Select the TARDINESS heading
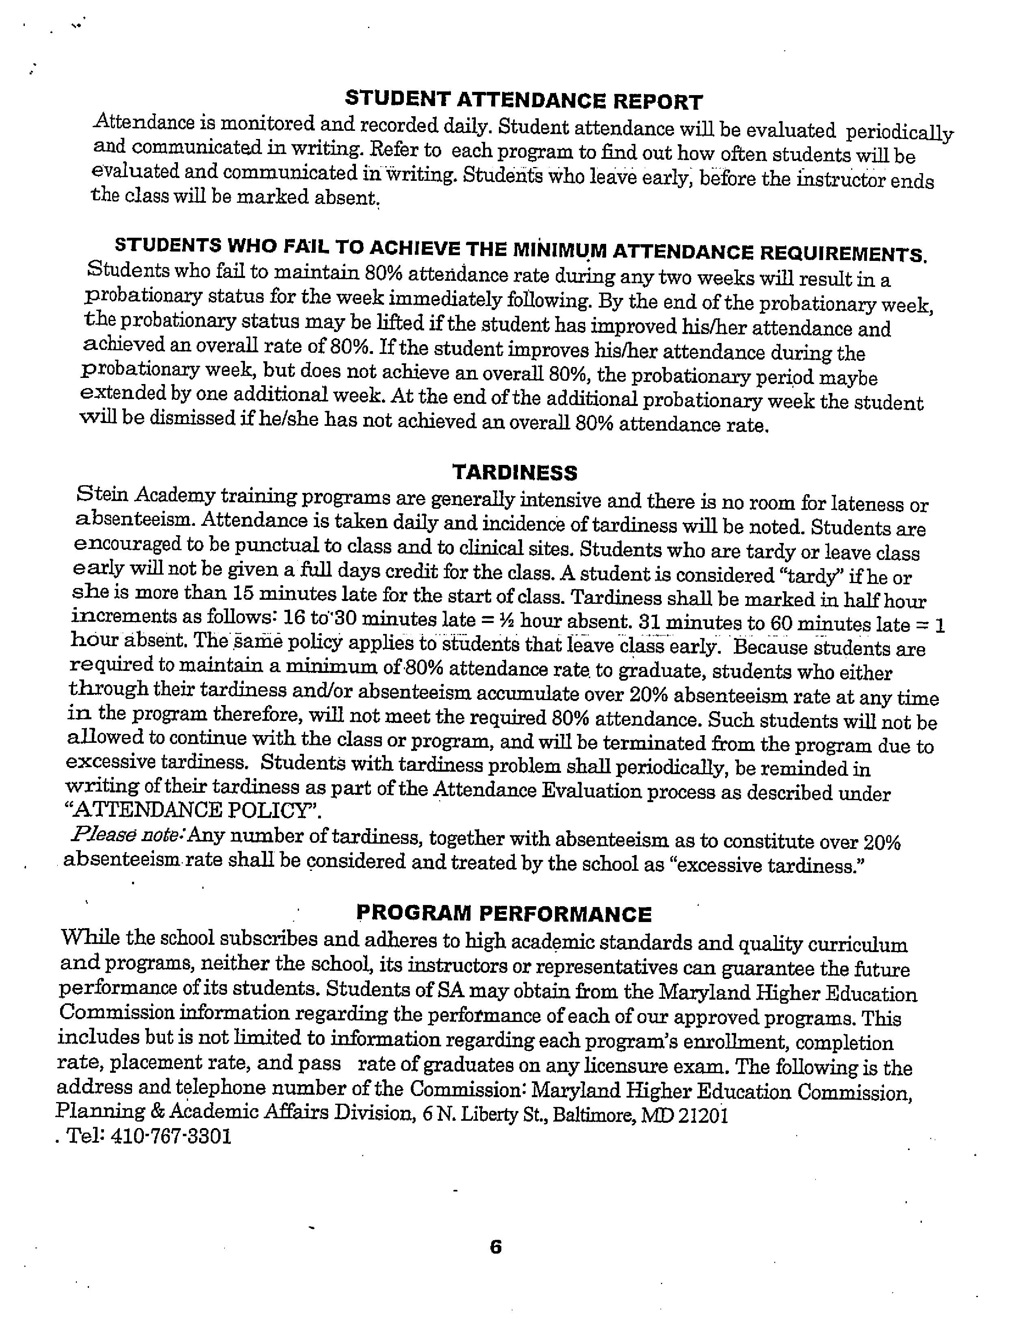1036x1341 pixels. pos(515,472)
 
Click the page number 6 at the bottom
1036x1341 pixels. pos(496,1246)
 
